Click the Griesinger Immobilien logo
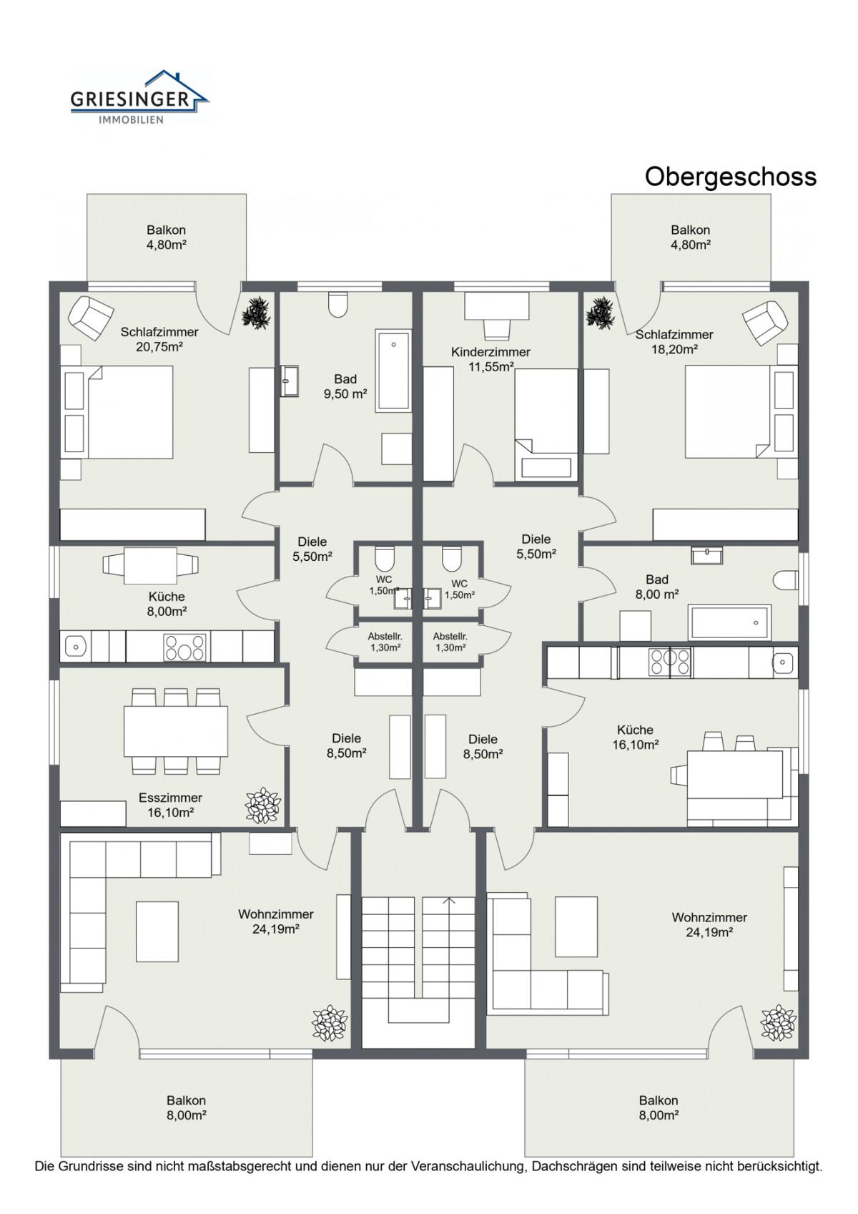point(139,97)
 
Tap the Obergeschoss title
point(730,177)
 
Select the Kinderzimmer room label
point(490,352)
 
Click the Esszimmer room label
point(171,798)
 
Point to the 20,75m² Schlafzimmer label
point(159,339)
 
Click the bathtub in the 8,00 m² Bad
point(729,622)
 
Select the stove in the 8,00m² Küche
point(184,647)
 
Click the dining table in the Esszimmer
point(175,730)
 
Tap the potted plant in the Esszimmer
point(262,805)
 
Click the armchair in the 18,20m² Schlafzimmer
point(765,322)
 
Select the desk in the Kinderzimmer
point(497,305)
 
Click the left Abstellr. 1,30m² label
point(385,642)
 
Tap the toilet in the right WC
point(452,559)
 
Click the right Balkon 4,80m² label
point(691,237)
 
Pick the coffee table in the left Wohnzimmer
point(157,931)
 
